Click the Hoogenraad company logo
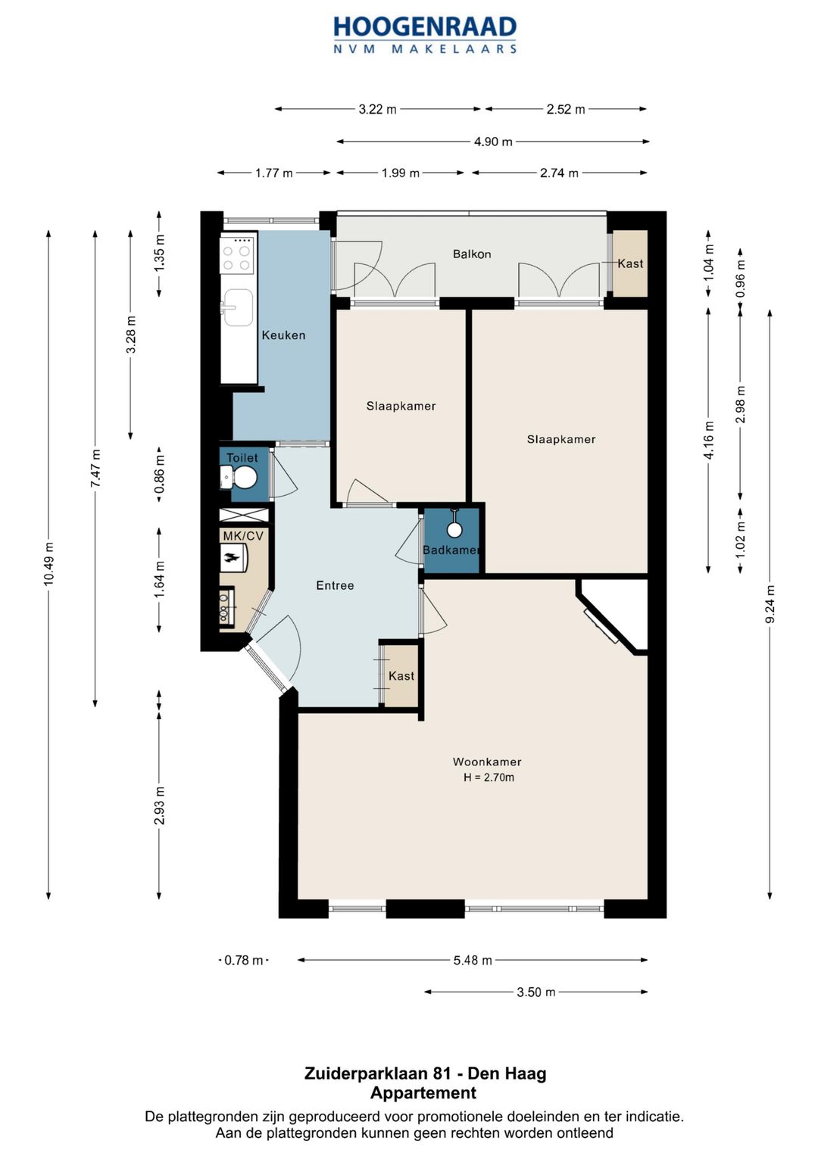[425, 35]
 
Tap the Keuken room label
[283, 335]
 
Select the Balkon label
[472, 254]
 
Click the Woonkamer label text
[487, 762]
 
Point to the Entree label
[335, 585]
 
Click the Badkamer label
[451, 550]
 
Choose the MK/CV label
[243, 536]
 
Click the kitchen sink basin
[237, 307]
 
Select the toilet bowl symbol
[239, 477]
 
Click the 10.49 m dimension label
[48, 564]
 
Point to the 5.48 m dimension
[473, 960]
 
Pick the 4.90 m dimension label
[493, 142]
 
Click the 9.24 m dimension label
[770, 604]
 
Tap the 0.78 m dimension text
[244, 960]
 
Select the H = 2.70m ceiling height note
[489, 777]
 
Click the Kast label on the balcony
[630, 263]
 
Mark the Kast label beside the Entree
[401, 675]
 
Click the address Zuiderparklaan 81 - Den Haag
[425, 1073]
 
